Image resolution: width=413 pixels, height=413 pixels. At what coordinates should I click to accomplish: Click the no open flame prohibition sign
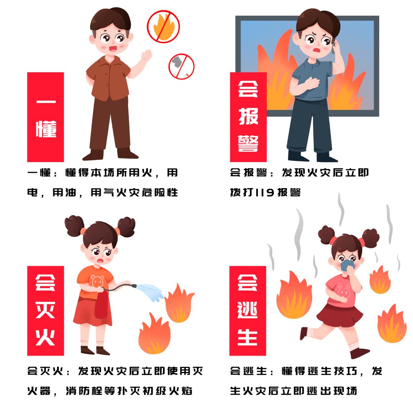tap(163, 26)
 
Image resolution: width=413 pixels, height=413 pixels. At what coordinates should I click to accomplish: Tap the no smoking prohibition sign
tap(182, 67)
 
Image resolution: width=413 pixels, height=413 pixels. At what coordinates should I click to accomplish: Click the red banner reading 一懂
tap(46, 117)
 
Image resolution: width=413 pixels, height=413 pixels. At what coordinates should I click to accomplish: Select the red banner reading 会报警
tap(249, 117)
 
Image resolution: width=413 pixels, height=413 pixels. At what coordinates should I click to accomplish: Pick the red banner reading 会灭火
tap(46, 311)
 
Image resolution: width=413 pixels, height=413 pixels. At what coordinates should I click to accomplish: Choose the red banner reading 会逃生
tap(248, 311)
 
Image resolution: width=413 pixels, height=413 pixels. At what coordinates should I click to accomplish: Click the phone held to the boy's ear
tap(334, 47)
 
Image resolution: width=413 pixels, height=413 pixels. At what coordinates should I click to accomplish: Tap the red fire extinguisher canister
tap(101, 305)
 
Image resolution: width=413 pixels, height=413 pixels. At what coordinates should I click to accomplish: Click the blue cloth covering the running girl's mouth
tap(347, 265)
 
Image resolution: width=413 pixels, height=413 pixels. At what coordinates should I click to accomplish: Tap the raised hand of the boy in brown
tap(146, 57)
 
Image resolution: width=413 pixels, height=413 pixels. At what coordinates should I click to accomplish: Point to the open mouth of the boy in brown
tap(113, 49)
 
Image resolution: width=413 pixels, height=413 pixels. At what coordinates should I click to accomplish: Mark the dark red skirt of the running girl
tap(340, 315)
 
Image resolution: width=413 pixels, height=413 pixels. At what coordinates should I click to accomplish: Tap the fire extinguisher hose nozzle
tap(134, 286)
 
